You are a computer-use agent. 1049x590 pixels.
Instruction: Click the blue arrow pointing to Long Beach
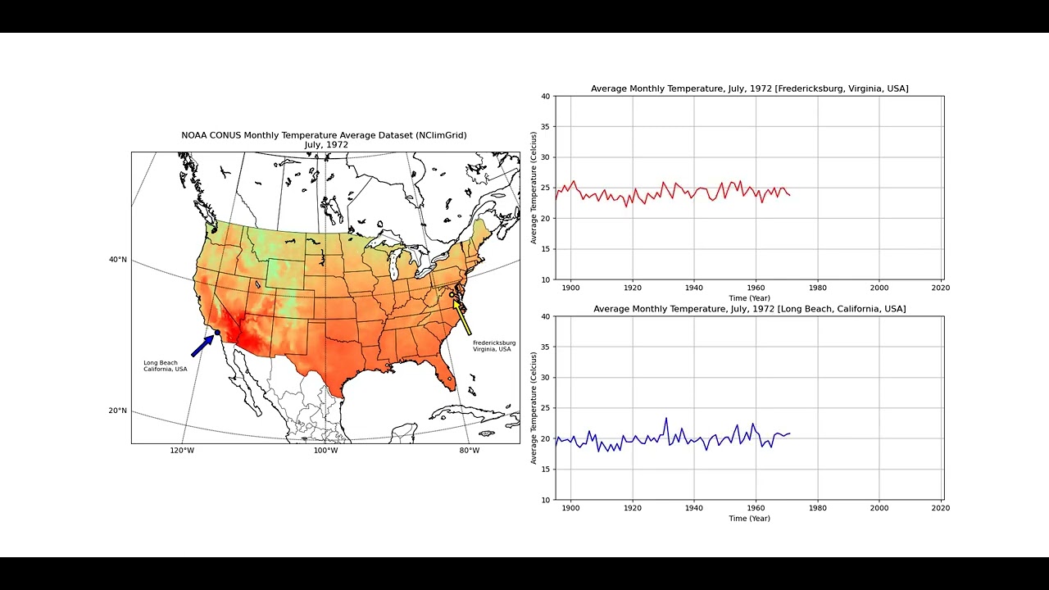[x=202, y=346]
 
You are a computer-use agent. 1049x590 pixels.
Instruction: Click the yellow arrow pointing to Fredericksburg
[x=462, y=317]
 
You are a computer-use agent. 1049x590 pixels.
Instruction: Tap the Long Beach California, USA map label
[x=165, y=365]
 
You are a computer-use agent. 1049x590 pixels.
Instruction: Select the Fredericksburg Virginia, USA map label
[x=494, y=346]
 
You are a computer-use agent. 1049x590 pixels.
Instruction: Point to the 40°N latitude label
[x=118, y=260]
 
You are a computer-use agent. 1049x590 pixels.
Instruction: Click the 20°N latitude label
[x=118, y=411]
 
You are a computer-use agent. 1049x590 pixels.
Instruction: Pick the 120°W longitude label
[x=182, y=451]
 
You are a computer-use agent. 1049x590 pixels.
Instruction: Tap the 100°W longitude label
[x=325, y=451]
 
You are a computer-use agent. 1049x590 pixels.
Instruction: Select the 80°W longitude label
[x=469, y=451]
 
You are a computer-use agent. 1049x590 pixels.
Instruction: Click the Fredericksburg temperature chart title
[x=749, y=88]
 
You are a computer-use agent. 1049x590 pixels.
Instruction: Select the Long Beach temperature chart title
[x=749, y=309]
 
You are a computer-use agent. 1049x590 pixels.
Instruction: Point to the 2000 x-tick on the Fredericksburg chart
[x=879, y=288]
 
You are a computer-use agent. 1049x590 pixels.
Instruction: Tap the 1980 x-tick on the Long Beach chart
[x=818, y=508]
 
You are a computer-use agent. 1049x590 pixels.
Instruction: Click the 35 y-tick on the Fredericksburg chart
[x=546, y=127]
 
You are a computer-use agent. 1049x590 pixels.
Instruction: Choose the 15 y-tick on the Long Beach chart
[x=546, y=470]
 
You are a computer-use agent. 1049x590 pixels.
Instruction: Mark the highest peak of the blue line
[x=666, y=418]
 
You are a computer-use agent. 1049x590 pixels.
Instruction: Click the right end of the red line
[x=790, y=195]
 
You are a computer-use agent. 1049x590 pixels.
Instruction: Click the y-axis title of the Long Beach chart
[x=534, y=408]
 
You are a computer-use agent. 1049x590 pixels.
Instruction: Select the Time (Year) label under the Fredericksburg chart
[x=749, y=297]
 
